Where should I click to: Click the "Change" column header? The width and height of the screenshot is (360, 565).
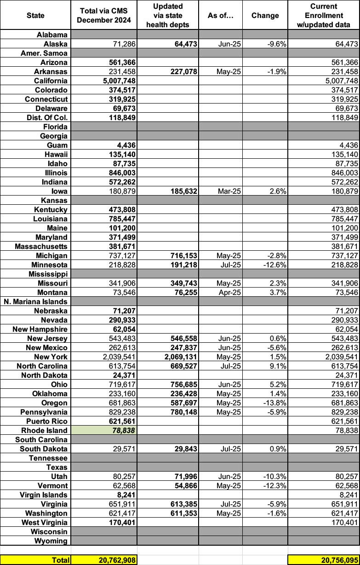click(x=265, y=15)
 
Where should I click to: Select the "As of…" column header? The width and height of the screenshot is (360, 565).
click(x=221, y=15)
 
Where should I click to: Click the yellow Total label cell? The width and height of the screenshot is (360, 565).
click(x=35, y=559)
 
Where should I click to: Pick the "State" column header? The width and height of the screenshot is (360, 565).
click(x=35, y=15)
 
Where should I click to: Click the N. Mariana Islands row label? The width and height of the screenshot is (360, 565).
click(x=36, y=301)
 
